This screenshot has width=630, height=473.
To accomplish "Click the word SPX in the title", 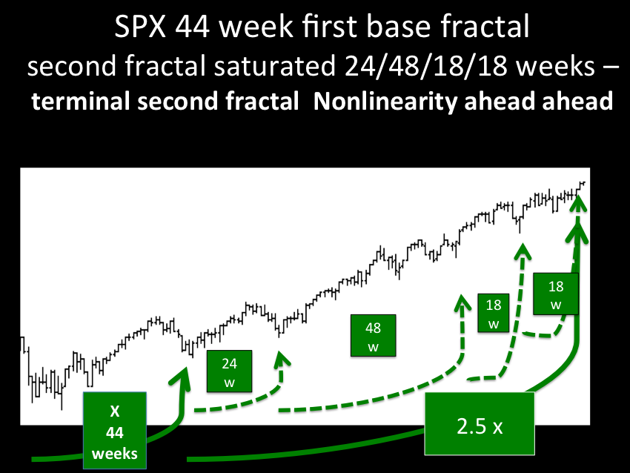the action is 140,27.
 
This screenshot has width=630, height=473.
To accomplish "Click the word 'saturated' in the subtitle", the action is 274,65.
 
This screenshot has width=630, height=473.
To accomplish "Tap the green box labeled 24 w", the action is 230,371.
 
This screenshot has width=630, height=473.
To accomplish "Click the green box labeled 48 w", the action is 374,336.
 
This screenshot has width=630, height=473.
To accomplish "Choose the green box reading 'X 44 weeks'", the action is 115,431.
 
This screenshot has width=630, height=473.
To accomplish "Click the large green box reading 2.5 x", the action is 480,424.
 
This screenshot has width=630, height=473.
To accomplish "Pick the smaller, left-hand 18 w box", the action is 494,313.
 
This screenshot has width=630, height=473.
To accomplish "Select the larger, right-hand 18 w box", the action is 556,294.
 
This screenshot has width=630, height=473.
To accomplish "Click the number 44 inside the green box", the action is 115,433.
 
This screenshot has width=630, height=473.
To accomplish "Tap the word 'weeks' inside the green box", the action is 115,454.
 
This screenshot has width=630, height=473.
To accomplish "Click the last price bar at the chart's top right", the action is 583,183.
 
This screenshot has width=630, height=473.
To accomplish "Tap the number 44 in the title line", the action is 192,27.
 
